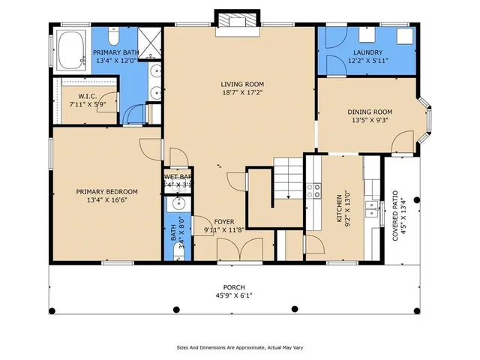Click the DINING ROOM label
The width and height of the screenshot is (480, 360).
click(x=371, y=112)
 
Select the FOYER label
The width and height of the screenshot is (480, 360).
click(x=223, y=222)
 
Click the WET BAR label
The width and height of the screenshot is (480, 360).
click(x=178, y=177)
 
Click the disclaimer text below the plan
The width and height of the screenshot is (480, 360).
click(x=239, y=347)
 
